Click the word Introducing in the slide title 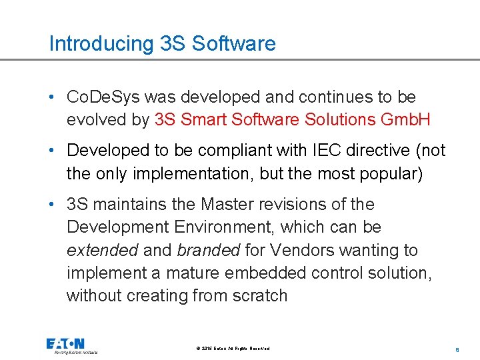point(101,44)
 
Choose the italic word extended point(102,250)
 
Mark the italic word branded point(208,250)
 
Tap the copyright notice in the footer point(233,349)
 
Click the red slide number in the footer point(457,349)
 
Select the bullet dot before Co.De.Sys point(52,97)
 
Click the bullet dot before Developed point(52,151)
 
